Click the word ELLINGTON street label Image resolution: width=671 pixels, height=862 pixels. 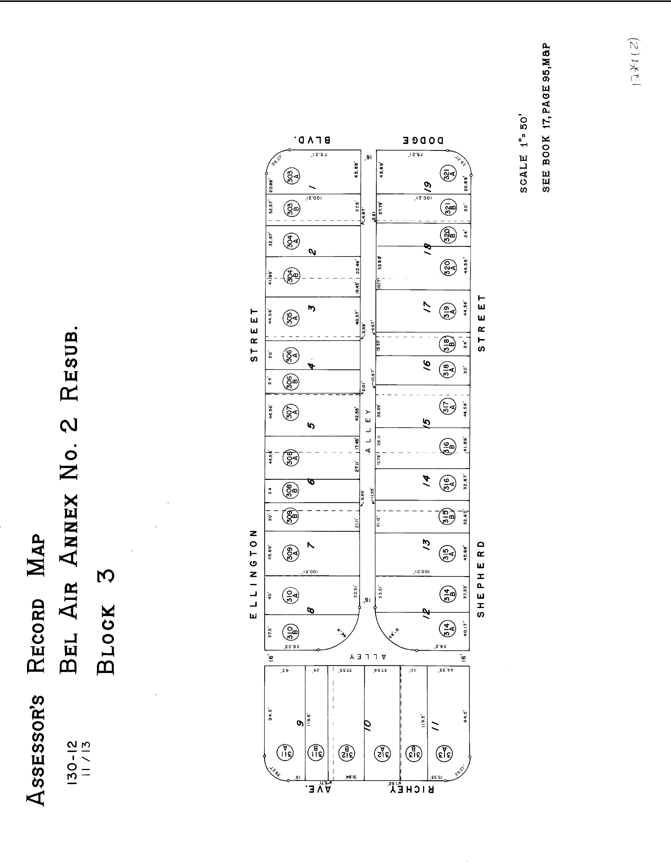tap(254, 574)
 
